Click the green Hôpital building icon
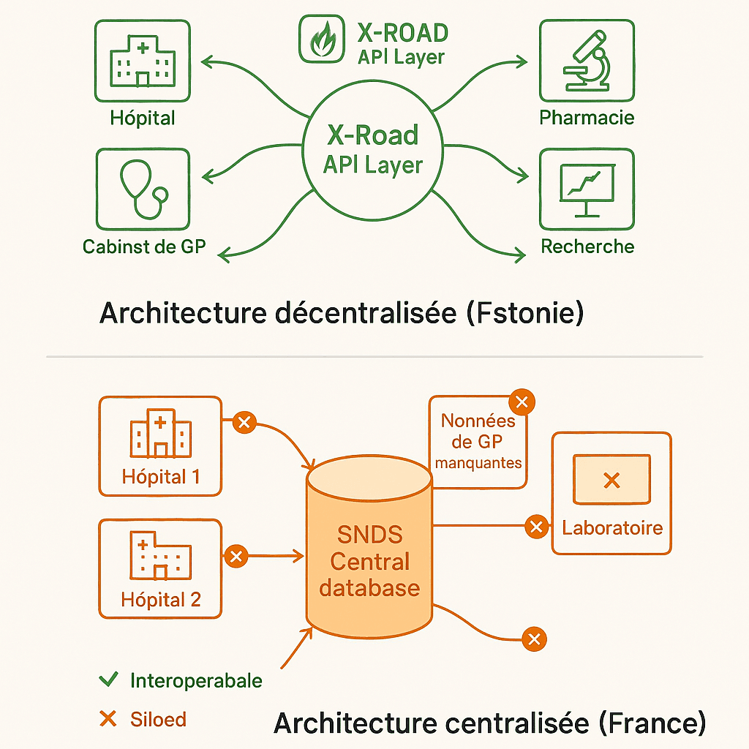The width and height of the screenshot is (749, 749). (142, 61)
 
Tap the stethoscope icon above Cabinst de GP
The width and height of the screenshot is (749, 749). (142, 189)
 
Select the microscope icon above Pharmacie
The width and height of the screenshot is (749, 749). (587, 61)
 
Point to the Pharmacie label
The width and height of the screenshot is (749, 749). (587, 118)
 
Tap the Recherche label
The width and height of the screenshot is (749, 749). (587, 246)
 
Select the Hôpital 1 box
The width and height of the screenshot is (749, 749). (159, 445)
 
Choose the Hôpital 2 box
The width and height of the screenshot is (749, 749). (159, 568)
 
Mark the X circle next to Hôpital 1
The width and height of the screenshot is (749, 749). (244, 423)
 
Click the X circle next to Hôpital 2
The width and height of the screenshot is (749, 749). (236, 557)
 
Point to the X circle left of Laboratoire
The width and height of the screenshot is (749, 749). (536, 526)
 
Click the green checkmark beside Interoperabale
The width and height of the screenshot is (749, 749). (108, 680)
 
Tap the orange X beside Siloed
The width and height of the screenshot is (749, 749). (108, 720)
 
